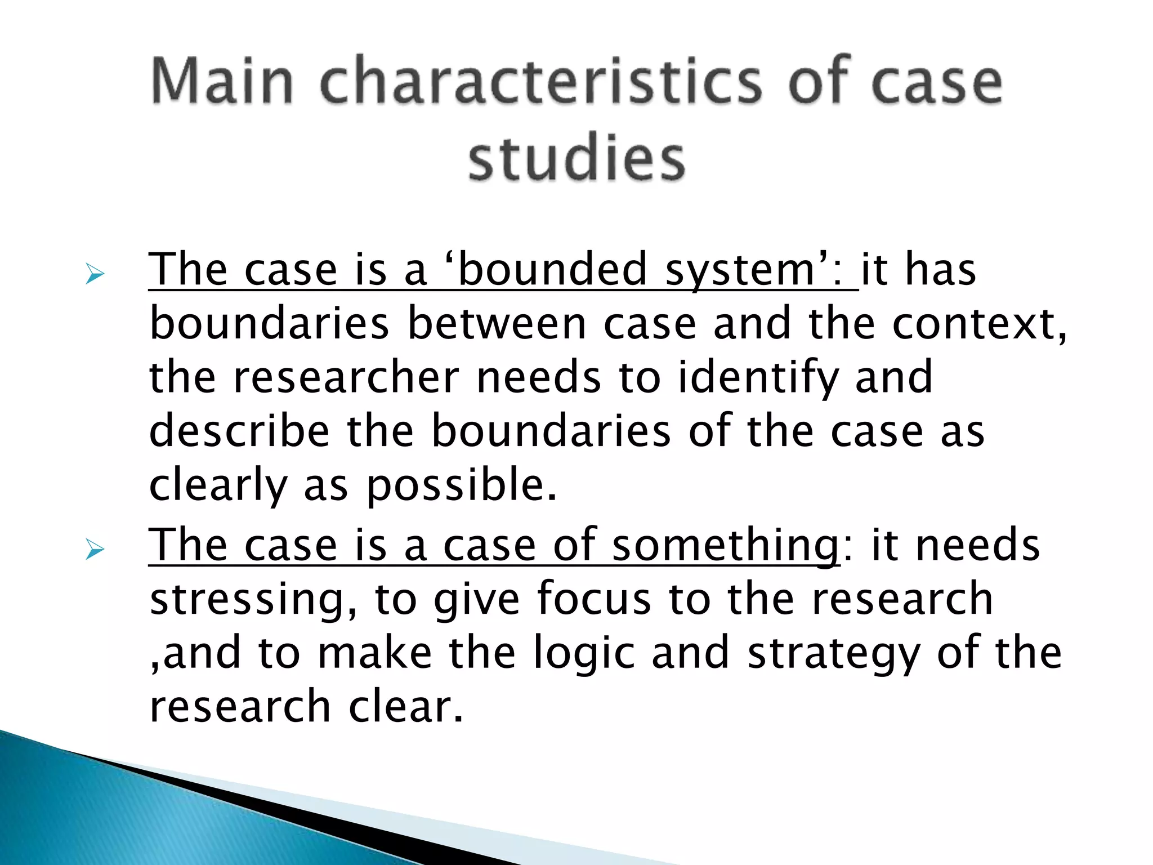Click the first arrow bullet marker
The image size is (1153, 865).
(95, 274)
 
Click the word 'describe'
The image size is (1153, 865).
(239, 431)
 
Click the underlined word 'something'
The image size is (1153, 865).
(725, 545)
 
